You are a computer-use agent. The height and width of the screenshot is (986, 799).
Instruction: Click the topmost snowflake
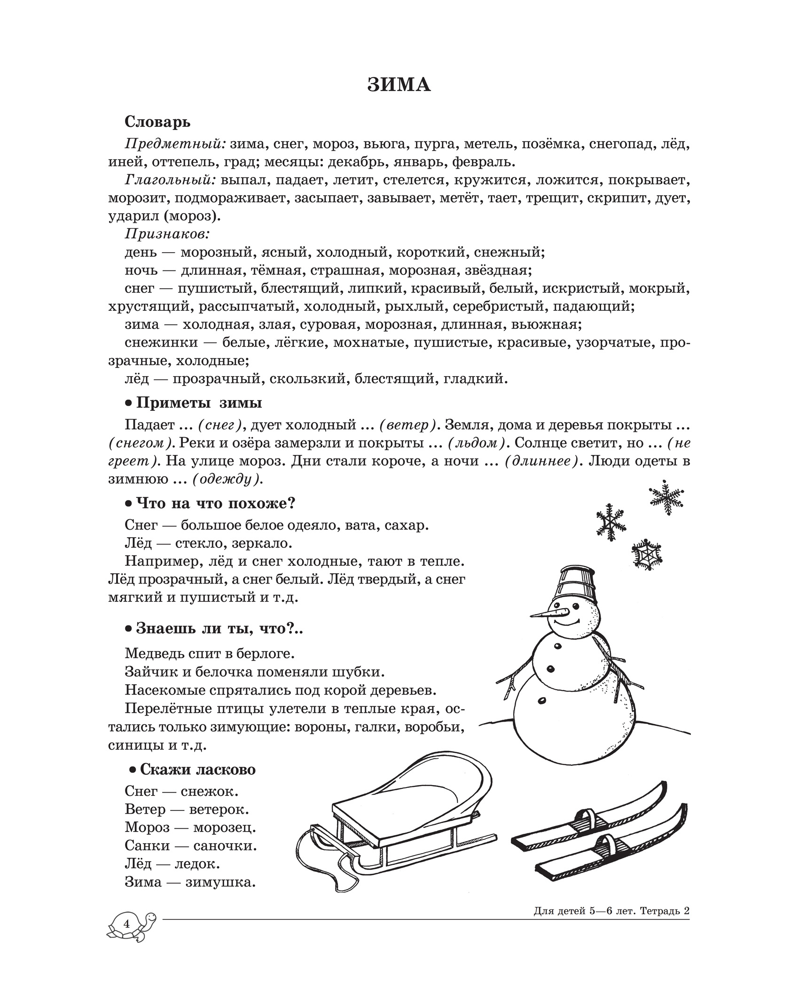click(666, 497)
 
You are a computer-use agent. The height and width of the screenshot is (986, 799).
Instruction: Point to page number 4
click(126, 924)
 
